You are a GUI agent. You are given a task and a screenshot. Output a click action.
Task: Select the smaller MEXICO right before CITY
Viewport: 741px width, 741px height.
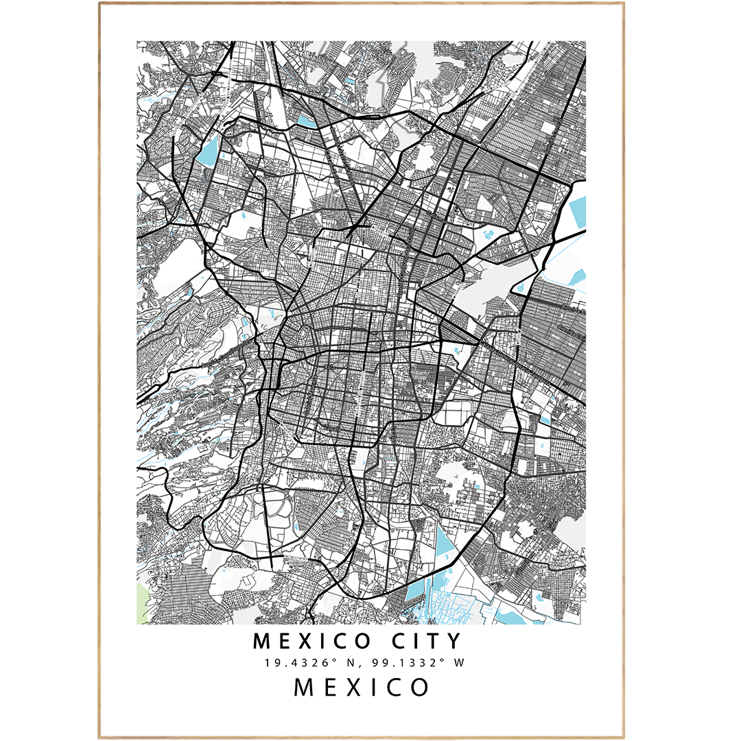(313, 642)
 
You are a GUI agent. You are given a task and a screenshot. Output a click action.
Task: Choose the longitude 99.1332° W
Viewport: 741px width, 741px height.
(414, 663)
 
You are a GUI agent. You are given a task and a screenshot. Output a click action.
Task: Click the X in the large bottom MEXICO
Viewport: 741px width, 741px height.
(362, 687)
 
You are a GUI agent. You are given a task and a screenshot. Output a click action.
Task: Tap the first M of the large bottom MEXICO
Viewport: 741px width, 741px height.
(305, 687)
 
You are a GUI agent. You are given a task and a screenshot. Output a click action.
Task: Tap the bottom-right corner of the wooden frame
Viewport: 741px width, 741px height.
(624, 738)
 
